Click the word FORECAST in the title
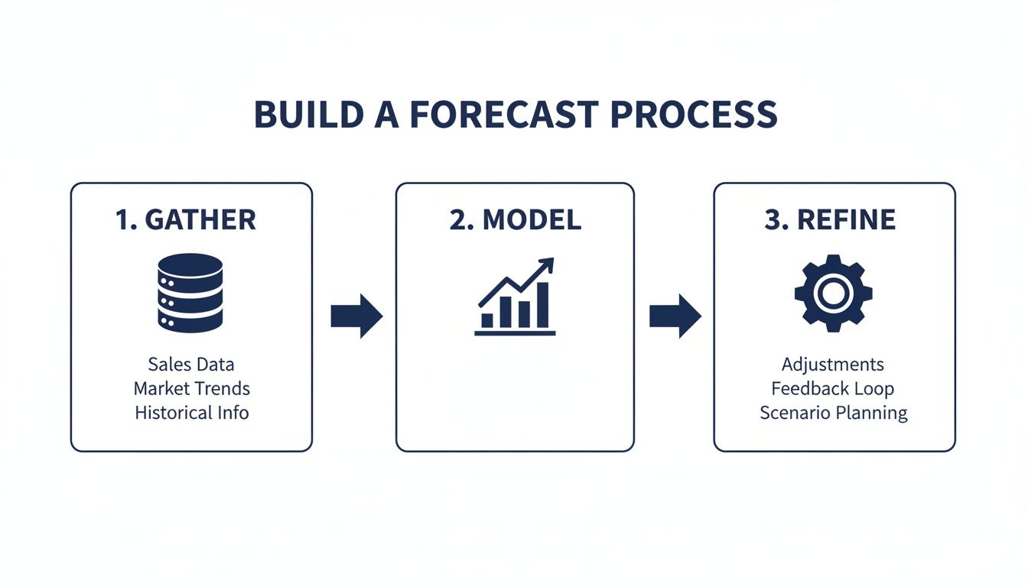point(503,115)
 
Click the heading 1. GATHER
point(186,220)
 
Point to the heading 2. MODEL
point(515,220)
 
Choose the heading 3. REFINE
point(830,220)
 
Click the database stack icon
point(190,293)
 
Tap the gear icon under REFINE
point(833,293)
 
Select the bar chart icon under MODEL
point(515,298)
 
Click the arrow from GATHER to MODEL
point(356,315)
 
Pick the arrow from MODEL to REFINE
point(675,315)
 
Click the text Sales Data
point(191,364)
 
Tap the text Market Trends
point(191,388)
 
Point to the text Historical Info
point(191,413)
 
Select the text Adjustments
point(832,364)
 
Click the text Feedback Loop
point(832,388)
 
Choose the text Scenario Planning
point(833,413)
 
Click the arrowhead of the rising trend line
point(546,265)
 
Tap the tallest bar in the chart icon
point(542,305)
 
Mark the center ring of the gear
point(833,293)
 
